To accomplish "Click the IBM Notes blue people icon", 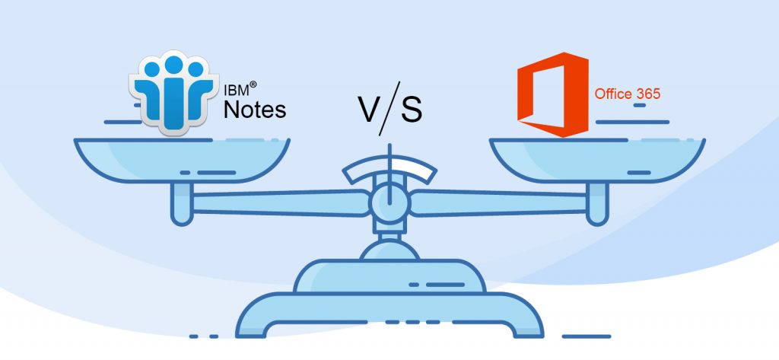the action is (173, 92).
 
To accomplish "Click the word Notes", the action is (255, 110).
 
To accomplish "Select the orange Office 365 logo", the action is (552, 94).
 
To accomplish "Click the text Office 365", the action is (628, 94).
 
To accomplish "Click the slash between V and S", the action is (389, 108).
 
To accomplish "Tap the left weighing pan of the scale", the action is (182, 160).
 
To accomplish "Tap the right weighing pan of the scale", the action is (596, 160).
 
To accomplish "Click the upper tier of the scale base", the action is (389, 276).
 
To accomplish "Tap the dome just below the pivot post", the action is (389, 250).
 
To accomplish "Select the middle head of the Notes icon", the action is (174, 64).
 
